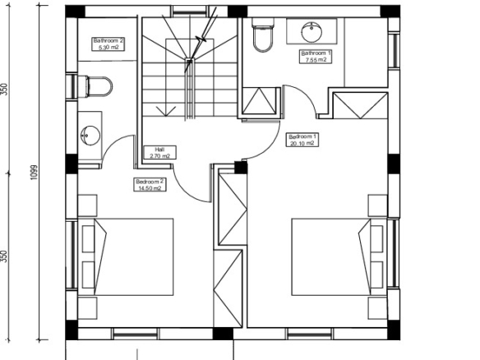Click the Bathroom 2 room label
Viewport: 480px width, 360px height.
[x=108, y=44]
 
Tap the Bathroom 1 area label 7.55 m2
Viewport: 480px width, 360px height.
[x=316, y=60]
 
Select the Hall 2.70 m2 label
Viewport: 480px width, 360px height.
[x=159, y=152]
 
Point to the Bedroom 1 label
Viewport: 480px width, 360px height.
[x=302, y=140]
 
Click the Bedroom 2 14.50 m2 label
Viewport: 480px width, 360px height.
[x=150, y=185]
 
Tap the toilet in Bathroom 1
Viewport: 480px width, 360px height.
[x=263, y=35]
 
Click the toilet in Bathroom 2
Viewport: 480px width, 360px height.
[x=95, y=86]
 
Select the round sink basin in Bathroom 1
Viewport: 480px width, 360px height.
[x=312, y=31]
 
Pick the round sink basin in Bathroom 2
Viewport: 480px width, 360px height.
[x=90, y=135]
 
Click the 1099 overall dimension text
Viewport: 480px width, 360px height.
[x=34, y=173]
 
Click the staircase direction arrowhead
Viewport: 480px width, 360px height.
[x=165, y=111]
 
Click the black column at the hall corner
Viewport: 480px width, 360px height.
[x=241, y=168]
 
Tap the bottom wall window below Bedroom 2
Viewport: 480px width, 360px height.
[x=135, y=334]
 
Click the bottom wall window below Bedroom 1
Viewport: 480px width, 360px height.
[x=310, y=334]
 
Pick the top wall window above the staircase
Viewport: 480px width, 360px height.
[x=190, y=12]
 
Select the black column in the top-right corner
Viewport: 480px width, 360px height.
[x=390, y=12]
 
